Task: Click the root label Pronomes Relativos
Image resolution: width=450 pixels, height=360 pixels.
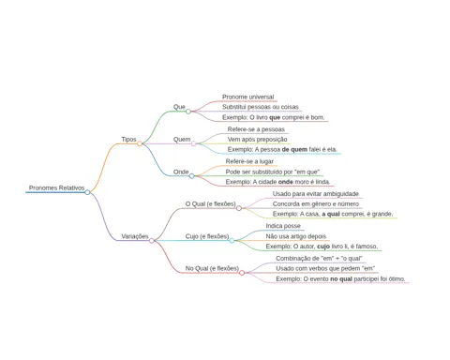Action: click(x=56, y=187)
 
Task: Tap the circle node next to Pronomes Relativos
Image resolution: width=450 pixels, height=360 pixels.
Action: click(x=87, y=192)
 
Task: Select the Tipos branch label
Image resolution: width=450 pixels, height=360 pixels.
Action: click(x=128, y=140)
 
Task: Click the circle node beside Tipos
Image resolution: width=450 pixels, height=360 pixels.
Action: click(x=140, y=143)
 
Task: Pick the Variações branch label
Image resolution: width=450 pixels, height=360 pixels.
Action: click(x=135, y=236)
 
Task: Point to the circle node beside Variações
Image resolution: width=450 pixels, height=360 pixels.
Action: click(x=152, y=241)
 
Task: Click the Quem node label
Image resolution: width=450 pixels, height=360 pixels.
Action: click(x=182, y=140)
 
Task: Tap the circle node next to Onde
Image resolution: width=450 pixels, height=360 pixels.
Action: click(x=192, y=176)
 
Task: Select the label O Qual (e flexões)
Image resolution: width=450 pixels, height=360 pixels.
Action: click(x=210, y=204)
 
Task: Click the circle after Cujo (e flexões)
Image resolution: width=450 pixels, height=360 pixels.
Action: click(x=232, y=241)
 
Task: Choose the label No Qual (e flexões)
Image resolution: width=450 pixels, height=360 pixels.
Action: click(x=212, y=268)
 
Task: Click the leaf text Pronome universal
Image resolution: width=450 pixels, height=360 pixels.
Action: click(x=247, y=97)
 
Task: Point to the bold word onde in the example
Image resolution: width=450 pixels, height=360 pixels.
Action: click(x=286, y=182)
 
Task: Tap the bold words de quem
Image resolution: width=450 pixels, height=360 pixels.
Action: click(x=294, y=150)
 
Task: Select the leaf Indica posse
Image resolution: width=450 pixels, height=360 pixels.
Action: click(x=283, y=226)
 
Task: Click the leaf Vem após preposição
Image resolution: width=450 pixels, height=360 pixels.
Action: click(x=257, y=140)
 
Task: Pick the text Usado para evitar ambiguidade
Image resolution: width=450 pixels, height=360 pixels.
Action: click(x=316, y=194)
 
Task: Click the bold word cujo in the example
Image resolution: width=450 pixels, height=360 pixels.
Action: click(x=323, y=247)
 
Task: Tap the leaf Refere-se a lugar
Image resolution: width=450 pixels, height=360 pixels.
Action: click(x=249, y=161)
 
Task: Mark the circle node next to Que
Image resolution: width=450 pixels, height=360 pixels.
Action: click(x=188, y=112)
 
